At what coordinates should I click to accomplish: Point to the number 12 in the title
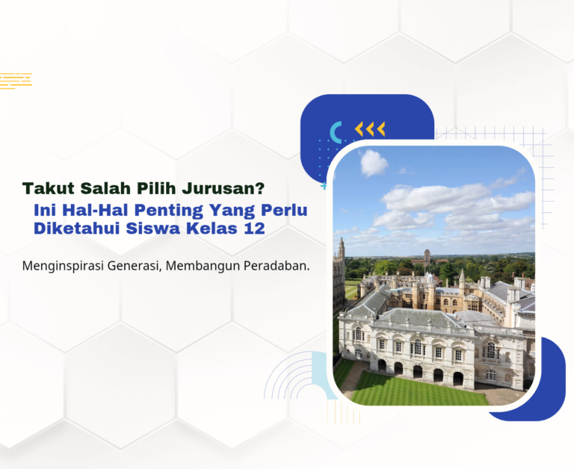[x=254, y=229]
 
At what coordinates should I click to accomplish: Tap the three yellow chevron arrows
[x=370, y=129]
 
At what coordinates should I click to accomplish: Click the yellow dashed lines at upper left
[x=16, y=80]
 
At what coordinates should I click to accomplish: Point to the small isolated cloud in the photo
[x=374, y=163]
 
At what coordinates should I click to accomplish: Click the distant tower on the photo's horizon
[x=427, y=256]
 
